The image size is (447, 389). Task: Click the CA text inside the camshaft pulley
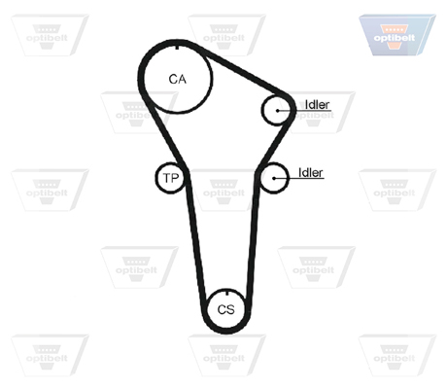[178, 79]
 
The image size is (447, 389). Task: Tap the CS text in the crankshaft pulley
[226, 309]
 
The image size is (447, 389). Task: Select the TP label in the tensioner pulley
[171, 178]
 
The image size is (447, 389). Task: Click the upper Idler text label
[317, 104]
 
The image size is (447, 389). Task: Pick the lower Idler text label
[310, 172]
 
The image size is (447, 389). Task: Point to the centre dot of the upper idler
[278, 111]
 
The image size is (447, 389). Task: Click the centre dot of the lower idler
[274, 178]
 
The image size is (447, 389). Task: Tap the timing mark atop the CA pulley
[177, 47]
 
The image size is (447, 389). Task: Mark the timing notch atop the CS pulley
[227, 293]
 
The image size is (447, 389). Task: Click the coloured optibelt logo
[397, 35]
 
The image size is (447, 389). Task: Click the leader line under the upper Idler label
[304, 111]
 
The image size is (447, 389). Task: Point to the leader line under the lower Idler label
[299, 178]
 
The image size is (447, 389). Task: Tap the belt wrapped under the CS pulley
[226, 331]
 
